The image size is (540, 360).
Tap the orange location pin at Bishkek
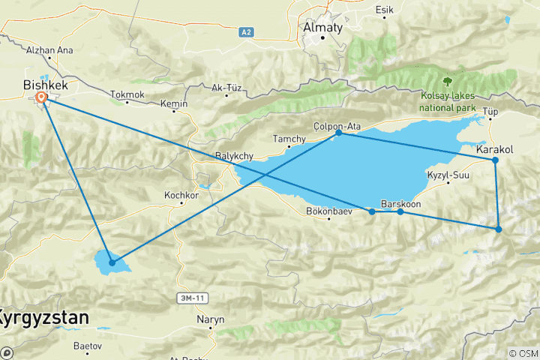pyautogui.click(x=42, y=97)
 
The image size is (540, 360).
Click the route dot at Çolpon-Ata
pyautogui.click(x=339, y=132)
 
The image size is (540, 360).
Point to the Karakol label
pyautogui.click(x=494, y=150)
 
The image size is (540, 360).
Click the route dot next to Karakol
pyautogui.click(x=495, y=160)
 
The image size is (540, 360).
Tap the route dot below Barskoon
pyautogui.click(x=400, y=211)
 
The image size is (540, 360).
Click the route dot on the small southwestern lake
pyautogui.click(x=112, y=262)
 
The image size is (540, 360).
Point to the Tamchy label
pyautogui.click(x=289, y=139)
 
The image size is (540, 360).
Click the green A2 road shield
pyautogui.click(x=247, y=32)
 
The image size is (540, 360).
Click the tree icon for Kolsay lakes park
pyautogui.click(x=448, y=80)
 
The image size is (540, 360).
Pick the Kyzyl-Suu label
pyautogui.click(x=447, y=175)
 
